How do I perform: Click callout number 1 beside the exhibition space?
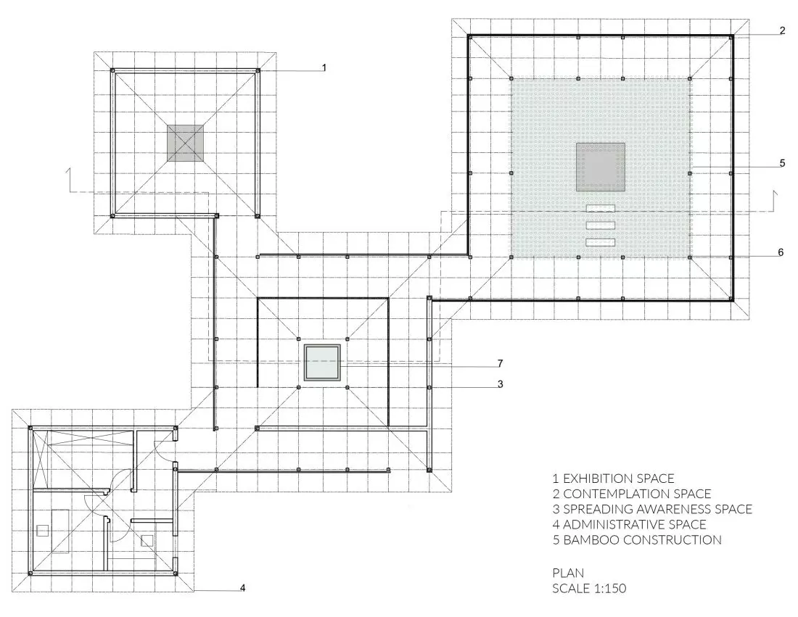[x=324, y=67]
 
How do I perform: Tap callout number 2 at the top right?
[x=782, y=30]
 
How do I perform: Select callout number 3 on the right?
[x=501, y=384]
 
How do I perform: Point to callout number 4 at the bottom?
[x=243, y=588]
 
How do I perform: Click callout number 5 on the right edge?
[x=782, y=163]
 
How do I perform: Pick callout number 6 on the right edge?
[x=781, y=252]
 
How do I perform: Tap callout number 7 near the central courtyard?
[x=501, y=363]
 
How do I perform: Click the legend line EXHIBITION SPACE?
[x=613, y=479]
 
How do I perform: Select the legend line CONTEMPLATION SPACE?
[x=632, y=494]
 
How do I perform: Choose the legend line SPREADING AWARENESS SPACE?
[x=652, y=509]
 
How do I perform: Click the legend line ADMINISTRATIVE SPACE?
[x=630, y=524]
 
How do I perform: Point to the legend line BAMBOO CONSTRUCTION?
[x=637, y=539]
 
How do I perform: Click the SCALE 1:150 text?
[x=589, y=589]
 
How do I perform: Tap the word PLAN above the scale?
[x=569, y=573]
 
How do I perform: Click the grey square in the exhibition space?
[x=185, y=144]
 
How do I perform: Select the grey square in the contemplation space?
[x=601, y=167]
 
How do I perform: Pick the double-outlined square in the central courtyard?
[x=322, y=363]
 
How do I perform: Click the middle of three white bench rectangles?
[x=601, y=225]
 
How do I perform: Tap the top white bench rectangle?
[x=601, y=208]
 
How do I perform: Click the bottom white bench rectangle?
[x=601, y=243]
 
